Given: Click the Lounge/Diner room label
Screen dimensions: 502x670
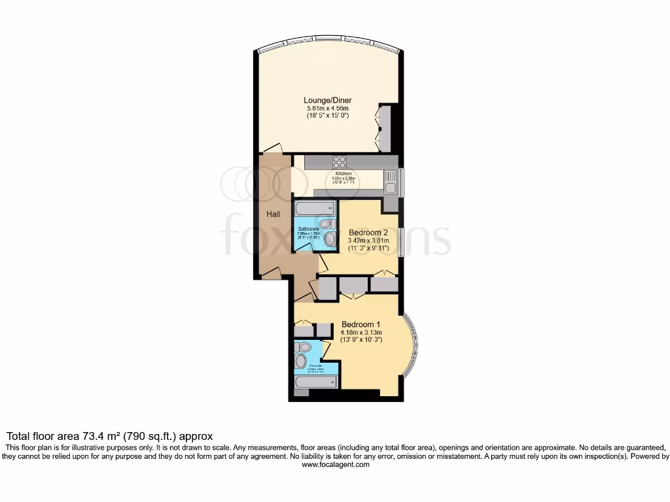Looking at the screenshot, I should tap(328, 100).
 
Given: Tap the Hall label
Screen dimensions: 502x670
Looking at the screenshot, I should tap(273, 214).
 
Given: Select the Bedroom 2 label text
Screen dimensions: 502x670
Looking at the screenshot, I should tap(368, 232).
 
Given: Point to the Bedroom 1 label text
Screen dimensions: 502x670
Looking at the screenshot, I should tap(361, 324).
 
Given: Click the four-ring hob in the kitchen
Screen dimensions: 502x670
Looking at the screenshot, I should tap(340, 162).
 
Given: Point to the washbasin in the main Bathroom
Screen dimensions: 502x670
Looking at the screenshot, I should tap(329, 239).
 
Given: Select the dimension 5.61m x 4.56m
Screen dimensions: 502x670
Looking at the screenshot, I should tap(328, 108).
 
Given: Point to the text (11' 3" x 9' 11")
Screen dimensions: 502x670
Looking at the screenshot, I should tap(368, 248).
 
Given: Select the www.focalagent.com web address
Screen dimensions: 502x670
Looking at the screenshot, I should tap(335, 465).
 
